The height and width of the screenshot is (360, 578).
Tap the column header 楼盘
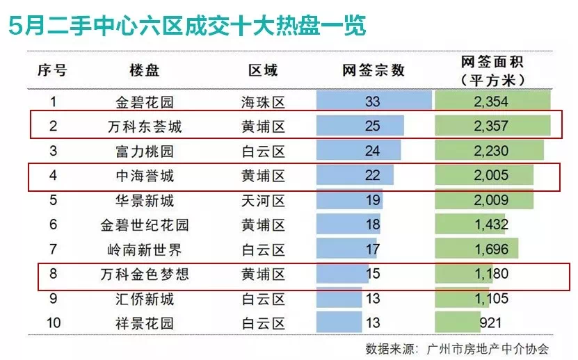tap(145, 70)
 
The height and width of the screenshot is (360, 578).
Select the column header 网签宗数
tap(373, 70)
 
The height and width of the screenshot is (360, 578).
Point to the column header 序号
tap(52, 70)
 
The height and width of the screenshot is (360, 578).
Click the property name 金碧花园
tap(145, 102)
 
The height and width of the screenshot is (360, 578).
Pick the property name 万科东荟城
tap(145, 126)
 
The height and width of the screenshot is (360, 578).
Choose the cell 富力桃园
tap(145, 151)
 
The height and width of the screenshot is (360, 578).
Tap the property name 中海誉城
tap(145, 176)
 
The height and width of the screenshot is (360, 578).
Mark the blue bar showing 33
tap(373, 102)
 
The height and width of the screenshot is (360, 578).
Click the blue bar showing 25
tap(360, 126)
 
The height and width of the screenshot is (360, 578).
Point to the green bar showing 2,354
tap(492, 102)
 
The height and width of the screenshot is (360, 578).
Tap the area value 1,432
tap(491, 225)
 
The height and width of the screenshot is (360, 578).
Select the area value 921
tap(491, 323)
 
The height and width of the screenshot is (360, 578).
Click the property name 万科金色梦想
tap(145, 275)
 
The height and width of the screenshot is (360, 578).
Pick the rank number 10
tap(52, 323)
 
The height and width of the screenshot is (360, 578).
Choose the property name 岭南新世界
tap(145, 249)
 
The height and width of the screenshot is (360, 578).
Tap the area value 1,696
tap(491, 249)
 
